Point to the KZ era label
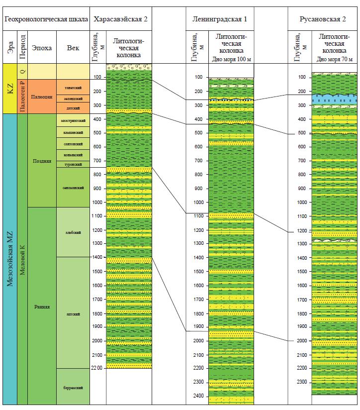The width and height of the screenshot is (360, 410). pyautogui.click(x=9, y=88)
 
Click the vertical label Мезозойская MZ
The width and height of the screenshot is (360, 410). pyautogui.click(x=9, y=259)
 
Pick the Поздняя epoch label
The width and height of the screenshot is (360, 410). pyautogui.click(x=42, y=161)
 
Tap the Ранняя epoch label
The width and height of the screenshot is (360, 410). pyautogui.click(x=42, y=306)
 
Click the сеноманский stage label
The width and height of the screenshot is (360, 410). pyautogui.click(x=73, y=188)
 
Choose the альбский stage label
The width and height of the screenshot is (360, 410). pyautogui.click(x=73, y=232)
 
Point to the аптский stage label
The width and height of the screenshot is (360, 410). pyautogui.click(x=73, y=313)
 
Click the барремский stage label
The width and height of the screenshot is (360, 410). pyautogui.click(x=73, y=387)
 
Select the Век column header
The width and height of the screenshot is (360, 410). pyautogui.click(x=73, y=48)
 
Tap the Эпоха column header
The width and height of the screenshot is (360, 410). pyautogui.click(x=41, y=48)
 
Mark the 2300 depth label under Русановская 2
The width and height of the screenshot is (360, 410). pyautogui.click(x=301, y=382)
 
